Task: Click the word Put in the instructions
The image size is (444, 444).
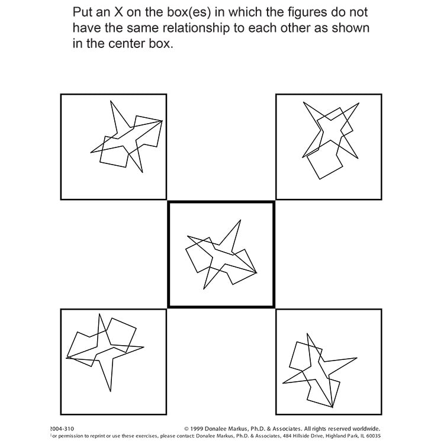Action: [83, 12]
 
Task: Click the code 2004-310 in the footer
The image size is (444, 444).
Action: [63, 428]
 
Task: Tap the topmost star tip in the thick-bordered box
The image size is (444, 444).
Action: [240, 221]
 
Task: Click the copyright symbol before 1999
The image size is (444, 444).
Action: [187, 428]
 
